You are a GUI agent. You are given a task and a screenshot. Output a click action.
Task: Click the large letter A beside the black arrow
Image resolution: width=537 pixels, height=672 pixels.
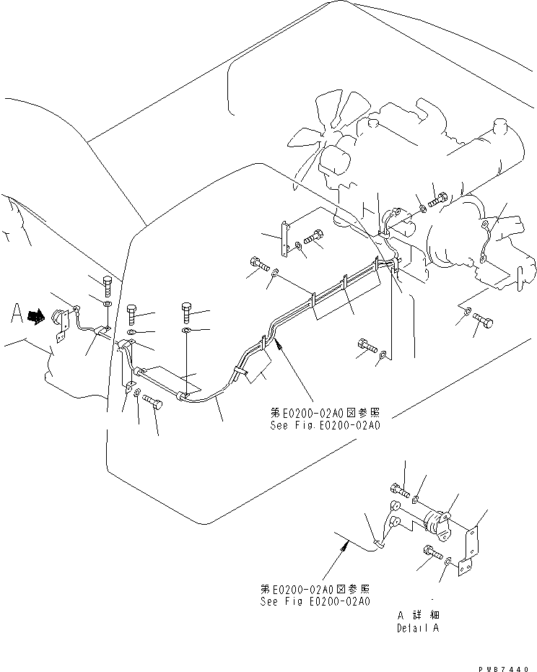pyautogui.click(x=17, y=314)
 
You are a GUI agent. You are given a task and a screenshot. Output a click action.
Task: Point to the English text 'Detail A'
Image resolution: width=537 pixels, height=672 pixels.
pyautogui.click(x=416, y=628)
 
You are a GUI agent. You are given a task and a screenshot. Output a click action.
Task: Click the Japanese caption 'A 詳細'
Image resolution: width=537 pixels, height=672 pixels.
pyautogui.click(x=417, y=615)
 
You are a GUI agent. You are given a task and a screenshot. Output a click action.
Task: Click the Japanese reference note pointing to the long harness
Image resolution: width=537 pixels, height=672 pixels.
pyautogui.click(x=324, y=413)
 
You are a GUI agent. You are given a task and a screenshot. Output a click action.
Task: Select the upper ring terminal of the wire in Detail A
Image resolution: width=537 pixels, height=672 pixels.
pyautogui.click(x=394, y=505)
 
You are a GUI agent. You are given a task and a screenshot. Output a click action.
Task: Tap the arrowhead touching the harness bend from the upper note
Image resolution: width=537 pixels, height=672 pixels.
pyautogui.click(x=276, y=345)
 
